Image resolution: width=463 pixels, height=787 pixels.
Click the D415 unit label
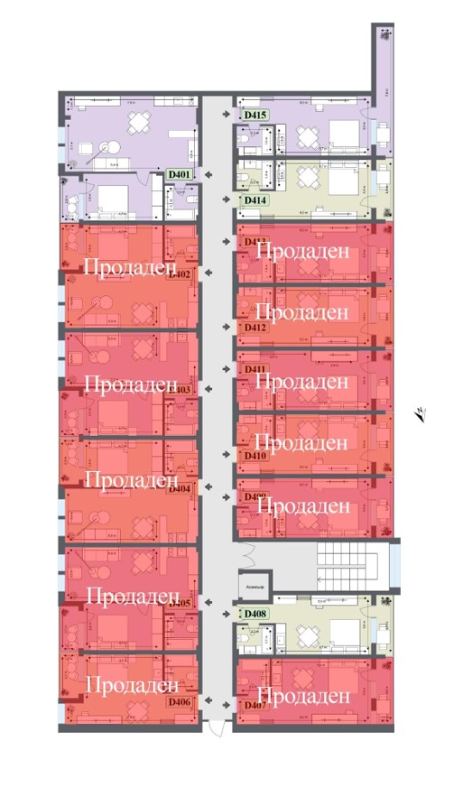[254, 115]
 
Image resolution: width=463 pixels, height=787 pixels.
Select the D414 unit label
[254, 199]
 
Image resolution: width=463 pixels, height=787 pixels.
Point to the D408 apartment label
[254, 615]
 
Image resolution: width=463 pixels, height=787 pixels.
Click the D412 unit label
[254, 328]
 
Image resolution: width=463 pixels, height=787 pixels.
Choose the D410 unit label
[254, 456]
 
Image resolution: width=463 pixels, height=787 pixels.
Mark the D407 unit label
[254, 705]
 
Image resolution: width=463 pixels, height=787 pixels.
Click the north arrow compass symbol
[420, 414]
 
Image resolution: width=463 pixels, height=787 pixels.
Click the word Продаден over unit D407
[309, 696]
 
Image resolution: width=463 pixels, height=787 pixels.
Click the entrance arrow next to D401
[209, 173]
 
